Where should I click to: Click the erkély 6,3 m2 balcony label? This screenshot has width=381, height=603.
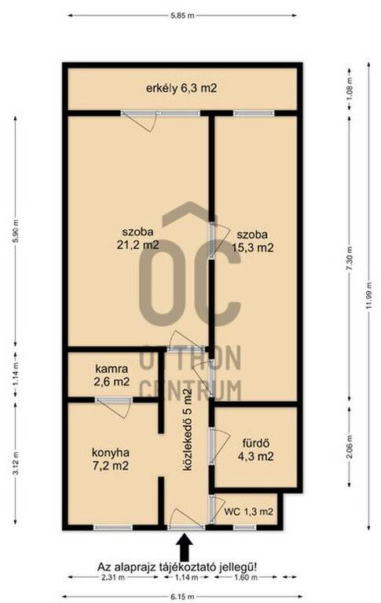(x=181, y=89)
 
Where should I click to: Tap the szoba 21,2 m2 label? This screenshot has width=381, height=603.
(x=137, y=239)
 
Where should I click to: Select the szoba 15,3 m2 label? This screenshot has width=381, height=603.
(x=252, y=241)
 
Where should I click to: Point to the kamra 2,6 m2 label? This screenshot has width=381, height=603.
(x=112, y=375)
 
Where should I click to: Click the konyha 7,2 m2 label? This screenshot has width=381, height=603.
(x=111, y=459)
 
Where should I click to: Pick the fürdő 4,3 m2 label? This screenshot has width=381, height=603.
(x=255, y=450)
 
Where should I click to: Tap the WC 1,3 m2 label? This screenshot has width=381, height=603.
(x=248, y=512)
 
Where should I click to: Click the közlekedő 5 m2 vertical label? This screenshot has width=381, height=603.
(x=187, y=429)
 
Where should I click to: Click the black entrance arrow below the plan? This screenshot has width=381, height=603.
(x=185, y=547)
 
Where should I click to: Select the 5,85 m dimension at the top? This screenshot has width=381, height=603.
(x=182, y=16)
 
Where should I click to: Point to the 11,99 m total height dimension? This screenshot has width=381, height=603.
(x=369, y=295)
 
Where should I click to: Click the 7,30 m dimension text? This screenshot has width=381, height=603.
(x=350, y=258)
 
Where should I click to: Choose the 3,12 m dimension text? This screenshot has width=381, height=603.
(x=16, y=462)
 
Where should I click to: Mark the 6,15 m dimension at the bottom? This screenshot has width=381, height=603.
(x=182, y=597)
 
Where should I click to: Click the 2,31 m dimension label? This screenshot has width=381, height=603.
(x=112, y=577)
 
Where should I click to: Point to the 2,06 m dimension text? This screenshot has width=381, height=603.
(x=350, y=448)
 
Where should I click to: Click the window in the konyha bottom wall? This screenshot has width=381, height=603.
(x=114, y=528)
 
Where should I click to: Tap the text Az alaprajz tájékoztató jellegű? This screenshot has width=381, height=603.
(x=177, y=567)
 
